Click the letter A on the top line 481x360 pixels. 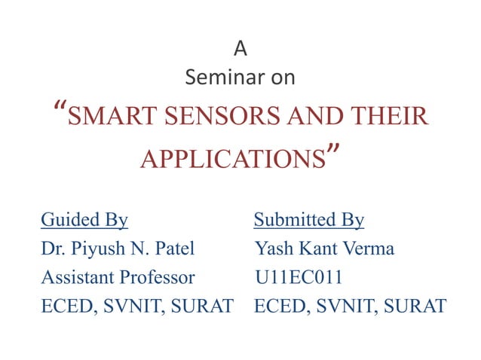tap(240, 49)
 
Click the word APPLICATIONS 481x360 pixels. tap(233, 160)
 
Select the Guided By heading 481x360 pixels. tap(84, 220)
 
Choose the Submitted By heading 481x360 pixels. tap(309, 220)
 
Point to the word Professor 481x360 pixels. tap(159, 277)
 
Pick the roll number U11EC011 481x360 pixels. tap(299, 277)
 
